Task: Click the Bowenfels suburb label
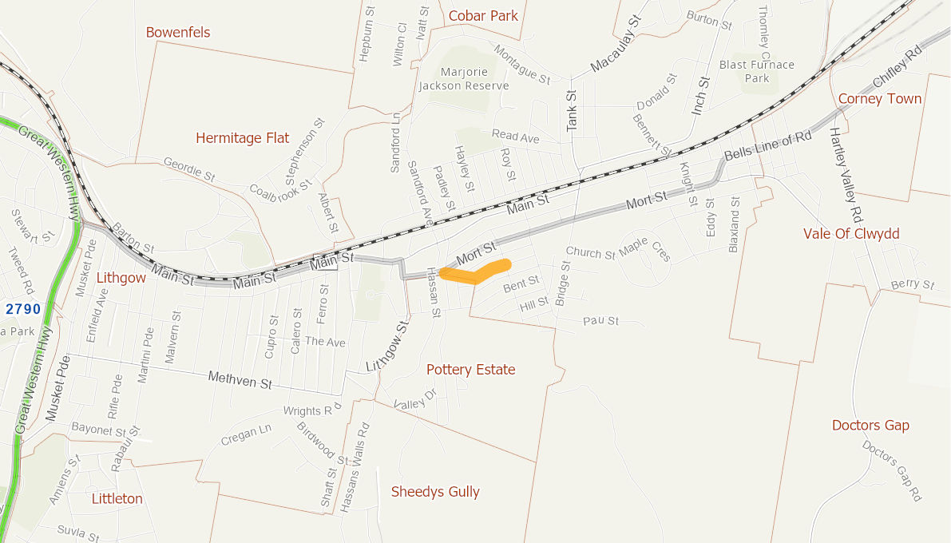tap(178, 32)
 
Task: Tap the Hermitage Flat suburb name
tap(242, 138)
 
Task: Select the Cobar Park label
tap(483, 15)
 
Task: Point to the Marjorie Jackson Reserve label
tap(464, 78)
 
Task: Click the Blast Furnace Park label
tap(757, 71)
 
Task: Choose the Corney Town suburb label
tap(880, 99)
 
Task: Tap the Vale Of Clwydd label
tap(851, 233)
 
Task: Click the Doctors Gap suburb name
tap(870, 425)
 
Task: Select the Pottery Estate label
tap(470, 370)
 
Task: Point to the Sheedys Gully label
tap(435, 491)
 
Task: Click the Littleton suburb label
tap(117, 498)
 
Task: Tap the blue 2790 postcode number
tap(22, 308)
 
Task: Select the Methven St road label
tap(240, 380)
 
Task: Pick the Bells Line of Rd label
tap(767, 146)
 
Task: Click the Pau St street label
tap(600, 321)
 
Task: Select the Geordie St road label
tap(189, 168)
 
